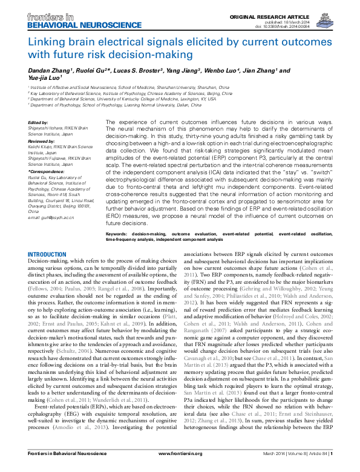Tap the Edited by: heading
pyautogui.click(x=39, y=122)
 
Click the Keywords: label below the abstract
pyautogui.click(x=116, y=250)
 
